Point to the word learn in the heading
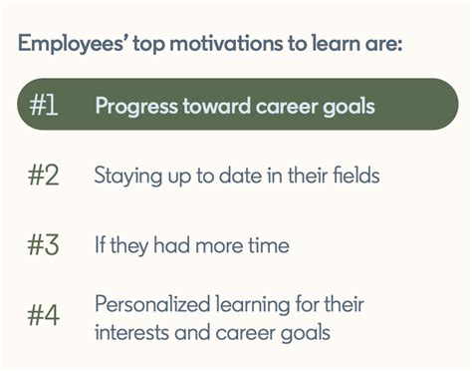[332, 45]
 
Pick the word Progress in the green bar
[134, 107]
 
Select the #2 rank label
[46, 177]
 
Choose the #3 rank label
[46, 244]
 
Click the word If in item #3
[102, 244]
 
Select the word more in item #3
[221, 244]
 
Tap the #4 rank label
[46, 317]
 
